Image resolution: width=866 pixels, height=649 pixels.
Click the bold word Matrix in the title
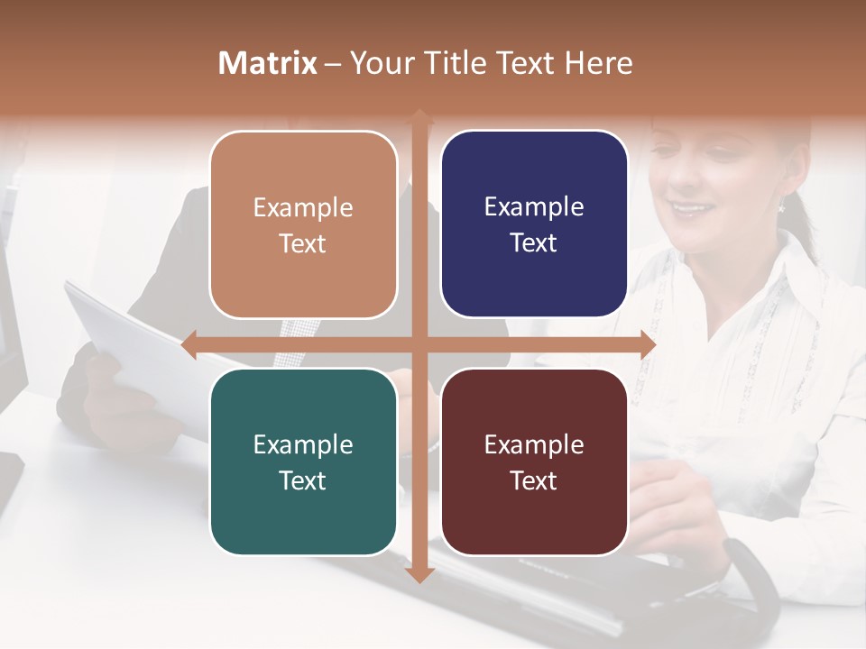[268, 63]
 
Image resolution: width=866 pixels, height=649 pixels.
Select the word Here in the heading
[599, 63]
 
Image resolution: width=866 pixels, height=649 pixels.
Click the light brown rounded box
[303, 224]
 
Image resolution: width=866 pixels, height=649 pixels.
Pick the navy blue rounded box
[534, 224]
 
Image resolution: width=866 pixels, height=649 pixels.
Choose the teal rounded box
[303, 462]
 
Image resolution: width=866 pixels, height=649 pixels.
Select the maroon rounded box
[534, 462]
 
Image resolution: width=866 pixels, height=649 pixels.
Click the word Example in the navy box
[534, 207]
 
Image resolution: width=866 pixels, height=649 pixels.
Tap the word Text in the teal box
[303, 480]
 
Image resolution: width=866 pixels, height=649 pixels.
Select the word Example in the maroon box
[534, 444]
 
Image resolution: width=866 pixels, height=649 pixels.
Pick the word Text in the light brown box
[303, 243]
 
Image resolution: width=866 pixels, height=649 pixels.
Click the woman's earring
[782, 206]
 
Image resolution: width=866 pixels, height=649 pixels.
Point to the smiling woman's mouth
[693, 209]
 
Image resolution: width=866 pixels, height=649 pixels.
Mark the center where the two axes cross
[419, 344]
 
